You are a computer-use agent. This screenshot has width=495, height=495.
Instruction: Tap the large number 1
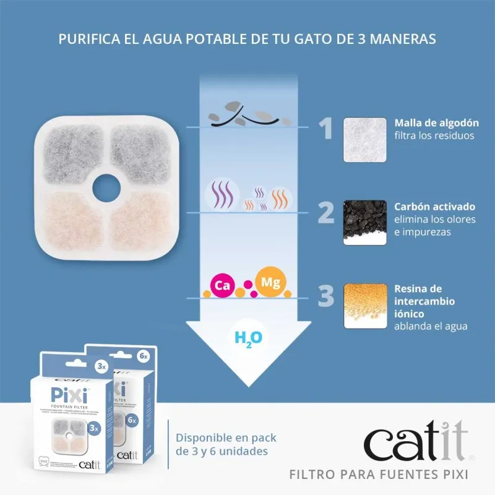(x=326, y=128)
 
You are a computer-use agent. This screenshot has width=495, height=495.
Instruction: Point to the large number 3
(x=326, y=296)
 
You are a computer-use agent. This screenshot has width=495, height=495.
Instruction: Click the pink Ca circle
(x=222, y=286)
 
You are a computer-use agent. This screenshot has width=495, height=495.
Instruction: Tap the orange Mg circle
(x=270, y=282)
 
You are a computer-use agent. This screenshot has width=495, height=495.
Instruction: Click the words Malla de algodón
(x=428, y=123)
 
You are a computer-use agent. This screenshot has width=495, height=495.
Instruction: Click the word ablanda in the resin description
(x=414, y=327)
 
